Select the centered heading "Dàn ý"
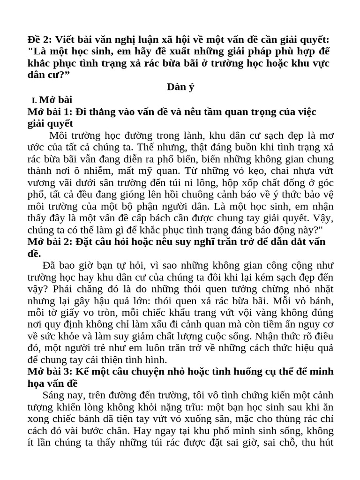coord(180,87)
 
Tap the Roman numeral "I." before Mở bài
coord(34,100)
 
